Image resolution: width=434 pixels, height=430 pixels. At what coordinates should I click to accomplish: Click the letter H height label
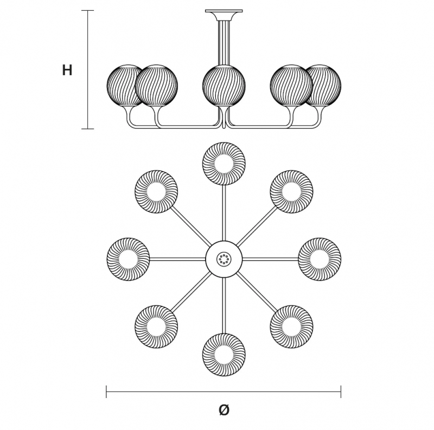coord(67,70)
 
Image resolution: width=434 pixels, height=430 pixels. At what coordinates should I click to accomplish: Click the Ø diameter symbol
coord(224,409)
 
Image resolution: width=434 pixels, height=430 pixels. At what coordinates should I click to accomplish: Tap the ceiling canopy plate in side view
coord(224,11)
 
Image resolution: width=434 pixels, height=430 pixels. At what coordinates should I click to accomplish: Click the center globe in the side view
coord(224,86)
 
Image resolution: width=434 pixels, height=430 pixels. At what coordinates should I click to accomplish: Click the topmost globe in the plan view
coord(224,164)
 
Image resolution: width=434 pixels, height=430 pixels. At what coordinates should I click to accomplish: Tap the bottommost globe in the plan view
coord(224,355)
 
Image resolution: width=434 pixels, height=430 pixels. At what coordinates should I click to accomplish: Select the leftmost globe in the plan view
coord(128,259)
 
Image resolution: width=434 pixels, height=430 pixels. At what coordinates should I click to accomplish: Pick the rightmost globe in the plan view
coord(320,259)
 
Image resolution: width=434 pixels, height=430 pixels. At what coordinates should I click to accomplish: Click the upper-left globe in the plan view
coord(156,192)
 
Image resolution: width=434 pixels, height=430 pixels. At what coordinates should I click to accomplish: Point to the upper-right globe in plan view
coord(291,192)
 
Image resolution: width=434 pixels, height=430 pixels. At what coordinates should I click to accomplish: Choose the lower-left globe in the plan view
coord(156,327)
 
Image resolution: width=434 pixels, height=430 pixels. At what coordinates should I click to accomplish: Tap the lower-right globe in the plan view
coord(291,327)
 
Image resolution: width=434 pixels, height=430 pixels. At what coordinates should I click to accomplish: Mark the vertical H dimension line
coord(88,70)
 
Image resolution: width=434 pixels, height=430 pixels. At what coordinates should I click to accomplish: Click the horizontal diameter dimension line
coord(224,392)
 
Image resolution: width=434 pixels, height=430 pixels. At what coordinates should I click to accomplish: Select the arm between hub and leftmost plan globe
coord(177,259)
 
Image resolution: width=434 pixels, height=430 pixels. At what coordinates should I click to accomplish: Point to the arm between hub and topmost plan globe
coord(224,213)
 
